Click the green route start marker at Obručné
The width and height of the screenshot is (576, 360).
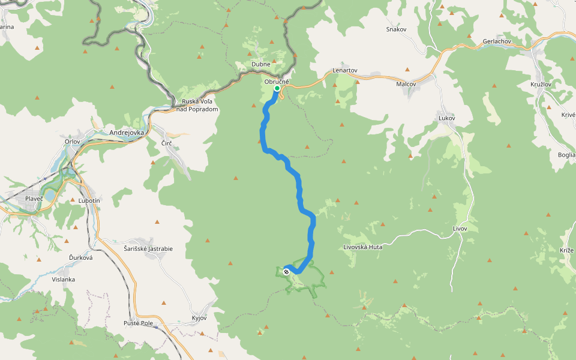click(277, 89)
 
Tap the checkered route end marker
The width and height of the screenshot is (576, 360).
click(286, 272)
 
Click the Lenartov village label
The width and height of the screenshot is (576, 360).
click(345, 70)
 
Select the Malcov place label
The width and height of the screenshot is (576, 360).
click(406, 84)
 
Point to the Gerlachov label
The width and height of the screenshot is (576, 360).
click(496, 41)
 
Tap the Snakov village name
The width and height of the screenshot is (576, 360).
click(397, 29)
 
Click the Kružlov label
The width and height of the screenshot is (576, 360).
click(542, 84)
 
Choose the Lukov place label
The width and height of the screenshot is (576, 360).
click(447, 118)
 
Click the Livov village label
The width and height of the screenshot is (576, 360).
click(460, 229)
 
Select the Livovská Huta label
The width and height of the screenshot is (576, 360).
click(363, 247)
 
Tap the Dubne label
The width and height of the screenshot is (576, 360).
click(261, 64)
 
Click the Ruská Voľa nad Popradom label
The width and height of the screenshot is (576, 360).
click(197, 106)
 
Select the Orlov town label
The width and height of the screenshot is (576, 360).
click(72, 142)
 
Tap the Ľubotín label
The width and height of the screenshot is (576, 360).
click(88, 200)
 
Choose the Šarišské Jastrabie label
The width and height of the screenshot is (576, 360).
click(144, 248)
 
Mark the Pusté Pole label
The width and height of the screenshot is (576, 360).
click(139, 323)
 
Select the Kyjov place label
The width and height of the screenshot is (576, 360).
click(199, 317)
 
